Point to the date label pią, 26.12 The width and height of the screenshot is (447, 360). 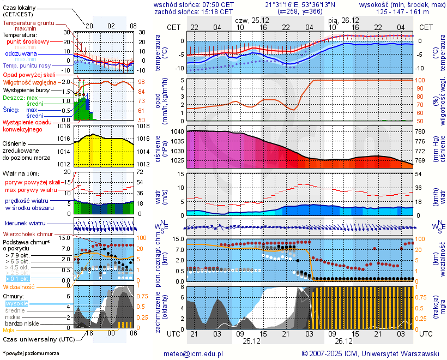click(341, 20)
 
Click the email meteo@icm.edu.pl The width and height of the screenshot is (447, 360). click(194, 353)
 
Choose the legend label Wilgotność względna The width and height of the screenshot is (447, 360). click(29, 82)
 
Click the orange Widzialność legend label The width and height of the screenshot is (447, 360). click(19, 286)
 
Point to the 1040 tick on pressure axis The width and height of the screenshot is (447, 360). click(177, 132)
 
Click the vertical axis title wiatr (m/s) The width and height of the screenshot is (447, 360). click(159, 193)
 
